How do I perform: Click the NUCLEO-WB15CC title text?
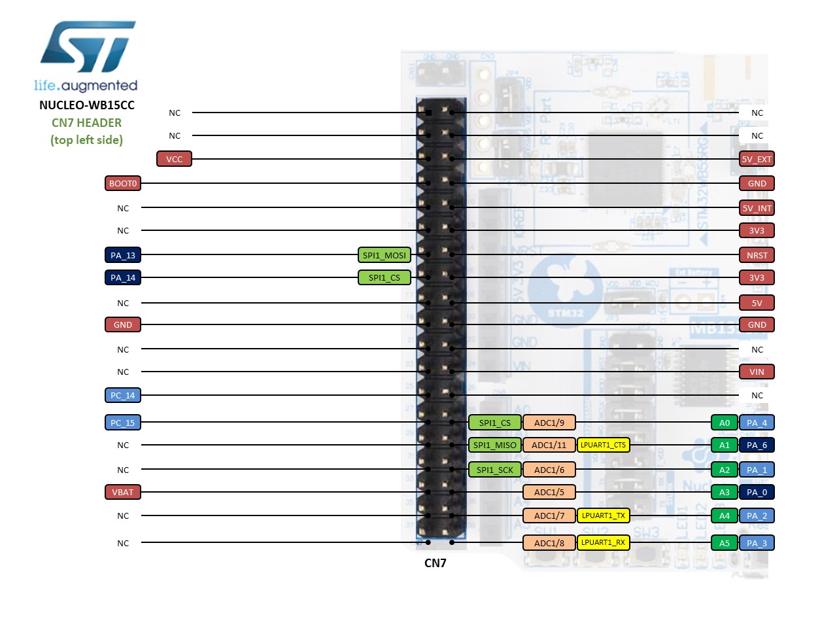point(87,105)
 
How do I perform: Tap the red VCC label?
point(174,159)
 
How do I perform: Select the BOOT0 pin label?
point(123,183)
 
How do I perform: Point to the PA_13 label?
point(123,255)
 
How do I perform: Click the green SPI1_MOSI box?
point(384,255)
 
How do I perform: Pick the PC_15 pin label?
point(123,423)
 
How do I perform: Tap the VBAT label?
point(123,492)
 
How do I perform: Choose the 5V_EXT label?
point(757,159)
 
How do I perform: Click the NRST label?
point(757,255)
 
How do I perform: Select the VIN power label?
point(757,372)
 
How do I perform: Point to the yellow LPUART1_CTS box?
point(603,445)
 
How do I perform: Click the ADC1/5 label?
point(549,492)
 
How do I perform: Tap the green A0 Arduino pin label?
point(725,423)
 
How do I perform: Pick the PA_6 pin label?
point(757,445)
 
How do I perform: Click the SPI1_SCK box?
point(495,470)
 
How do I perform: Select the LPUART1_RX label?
point(603,542)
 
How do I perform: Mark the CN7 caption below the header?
point(436,563)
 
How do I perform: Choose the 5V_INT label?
point(757,208)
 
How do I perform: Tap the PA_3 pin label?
point(757,543)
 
